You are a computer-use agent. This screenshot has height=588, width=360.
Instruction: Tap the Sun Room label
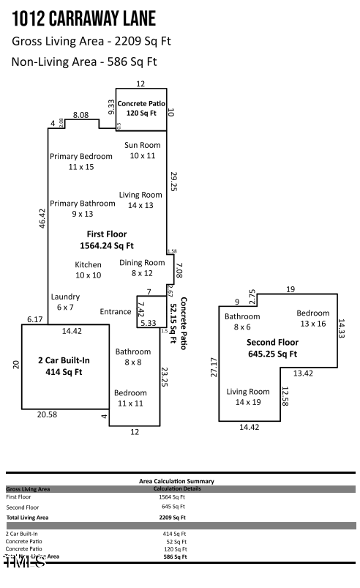143,150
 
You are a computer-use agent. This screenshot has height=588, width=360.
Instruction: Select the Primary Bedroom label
81,161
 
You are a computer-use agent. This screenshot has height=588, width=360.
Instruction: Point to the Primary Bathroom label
83,208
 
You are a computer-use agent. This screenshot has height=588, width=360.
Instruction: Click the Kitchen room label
88,269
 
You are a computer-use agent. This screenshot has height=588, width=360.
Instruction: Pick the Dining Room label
143,267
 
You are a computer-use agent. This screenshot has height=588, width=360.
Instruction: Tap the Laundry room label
64,302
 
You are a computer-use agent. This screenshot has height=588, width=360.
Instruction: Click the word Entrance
116,312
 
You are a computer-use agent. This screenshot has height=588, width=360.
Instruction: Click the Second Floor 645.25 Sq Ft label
271,348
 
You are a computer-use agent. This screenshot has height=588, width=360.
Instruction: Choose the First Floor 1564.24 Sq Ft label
110,240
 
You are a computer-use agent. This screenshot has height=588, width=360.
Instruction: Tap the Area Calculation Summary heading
176,481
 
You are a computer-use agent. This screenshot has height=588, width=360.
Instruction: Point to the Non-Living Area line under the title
84,62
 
